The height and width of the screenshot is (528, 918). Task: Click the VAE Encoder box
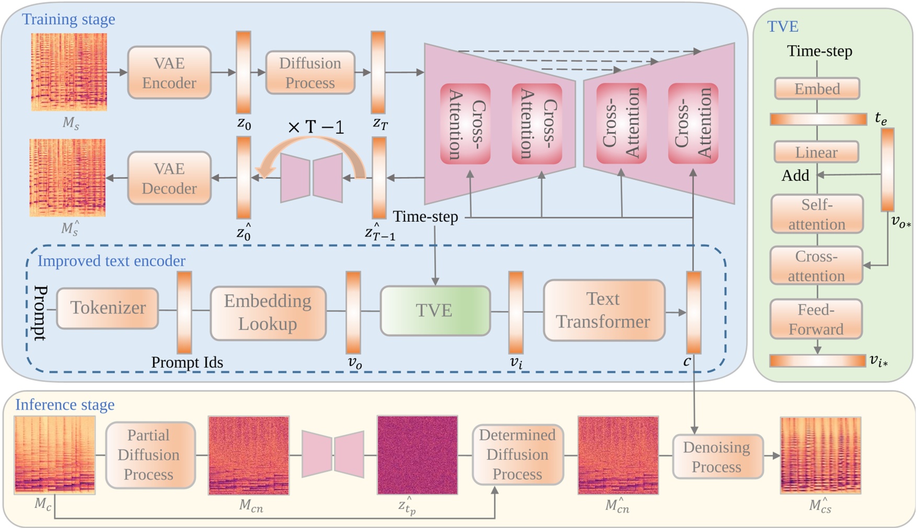click(x=169, y=73)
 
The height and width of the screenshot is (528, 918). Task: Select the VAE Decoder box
click(x=169, y=178)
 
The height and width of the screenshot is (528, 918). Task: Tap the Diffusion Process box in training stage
click(x=310, y=73)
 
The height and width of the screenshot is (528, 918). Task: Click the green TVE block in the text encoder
click(x=435, y=310)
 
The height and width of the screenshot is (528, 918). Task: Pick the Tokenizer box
click(x=108, y=308)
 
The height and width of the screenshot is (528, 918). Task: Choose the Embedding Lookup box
click(x=268, y=312)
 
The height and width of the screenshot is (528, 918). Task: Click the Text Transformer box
click(x=604, y=310)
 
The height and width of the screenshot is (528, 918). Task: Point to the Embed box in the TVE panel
click(x=817, y=89)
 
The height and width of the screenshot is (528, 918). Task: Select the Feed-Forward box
click(x=816, y=319)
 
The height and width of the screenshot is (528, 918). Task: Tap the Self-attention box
click(x=817, y=214)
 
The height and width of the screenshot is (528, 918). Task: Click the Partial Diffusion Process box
click(x=150, y=455)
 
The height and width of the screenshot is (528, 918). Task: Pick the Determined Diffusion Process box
click(x=517, y=454)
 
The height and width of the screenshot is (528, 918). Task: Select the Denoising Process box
click(x=717, y=457)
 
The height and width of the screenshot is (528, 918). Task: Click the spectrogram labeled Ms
click(x=69, y=72)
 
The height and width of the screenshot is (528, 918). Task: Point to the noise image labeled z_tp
click(x=417, y=455)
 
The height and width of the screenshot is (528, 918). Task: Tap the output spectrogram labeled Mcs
click(x=820, y=455)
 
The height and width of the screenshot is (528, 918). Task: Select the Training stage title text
click(x=69, y=19)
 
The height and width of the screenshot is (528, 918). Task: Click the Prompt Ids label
click(x=187, y=362)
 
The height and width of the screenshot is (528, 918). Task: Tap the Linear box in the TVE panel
click(x=816, y=152)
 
